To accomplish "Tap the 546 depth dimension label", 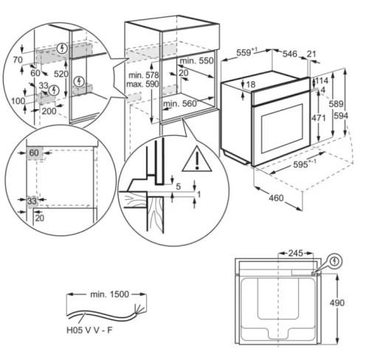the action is point(290,54).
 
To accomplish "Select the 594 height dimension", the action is point(341,116).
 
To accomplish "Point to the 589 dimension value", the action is point(336,104).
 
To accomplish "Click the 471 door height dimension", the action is point(319,118).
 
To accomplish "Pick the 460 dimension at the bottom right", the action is point(276,198).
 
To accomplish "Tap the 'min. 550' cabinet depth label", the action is point(196,60).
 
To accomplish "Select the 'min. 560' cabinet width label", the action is point(180,103).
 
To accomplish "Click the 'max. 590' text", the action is point(142,84).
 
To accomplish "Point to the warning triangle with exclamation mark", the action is point(197,159).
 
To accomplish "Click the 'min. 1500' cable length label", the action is point(109,294).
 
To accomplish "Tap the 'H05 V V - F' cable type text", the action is point(89,330).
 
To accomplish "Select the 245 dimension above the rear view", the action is point(296,253).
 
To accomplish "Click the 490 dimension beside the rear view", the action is point(337,302).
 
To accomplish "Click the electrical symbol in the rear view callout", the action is point(334,261).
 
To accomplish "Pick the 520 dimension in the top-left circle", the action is point(61,74).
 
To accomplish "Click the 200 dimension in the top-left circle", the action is point(49,111).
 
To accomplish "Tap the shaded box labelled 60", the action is point(35,153).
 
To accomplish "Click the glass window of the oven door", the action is point(282,128).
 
